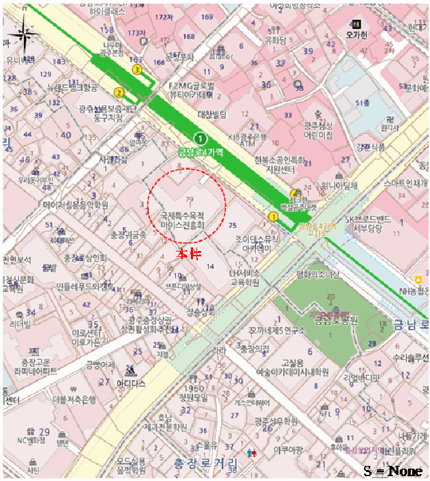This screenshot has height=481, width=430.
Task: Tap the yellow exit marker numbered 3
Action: click(137, 69)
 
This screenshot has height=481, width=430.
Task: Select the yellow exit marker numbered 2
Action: click(119, 92)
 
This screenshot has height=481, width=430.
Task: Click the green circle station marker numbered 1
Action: click(200, 137)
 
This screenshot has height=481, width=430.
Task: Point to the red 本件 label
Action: click(189, 255)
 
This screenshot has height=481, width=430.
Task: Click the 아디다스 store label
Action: click(131, 383)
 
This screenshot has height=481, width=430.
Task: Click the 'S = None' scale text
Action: click(393, 471)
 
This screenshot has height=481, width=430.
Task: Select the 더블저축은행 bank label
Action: click(58, 399)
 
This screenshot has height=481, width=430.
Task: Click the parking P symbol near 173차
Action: click(144, 41)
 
